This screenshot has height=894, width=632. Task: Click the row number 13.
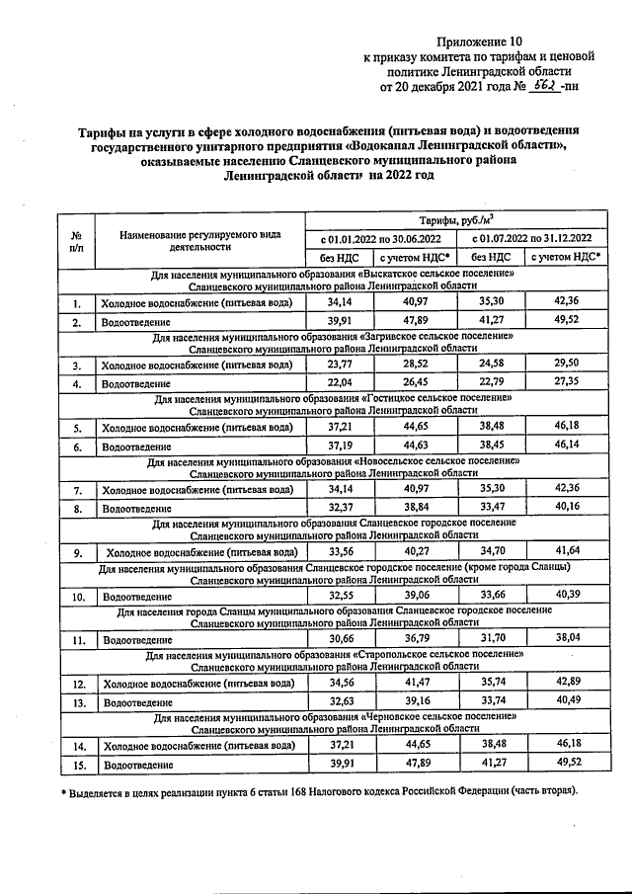click(76, 701)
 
